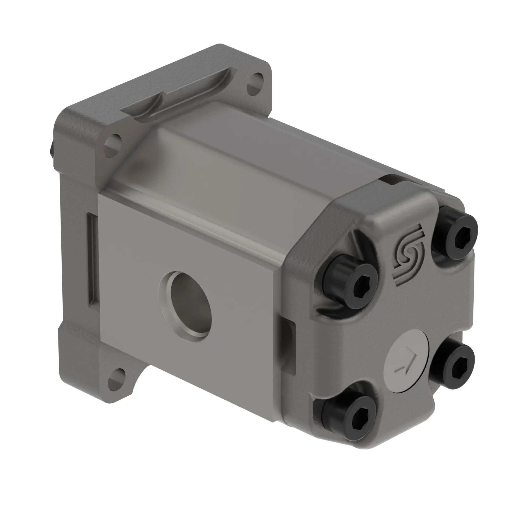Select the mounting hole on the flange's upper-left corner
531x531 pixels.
[113, 145]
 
